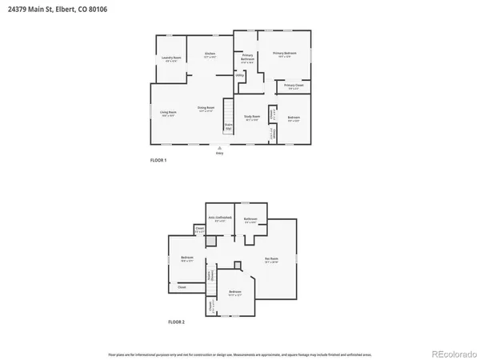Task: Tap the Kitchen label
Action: click(x=210, y=55)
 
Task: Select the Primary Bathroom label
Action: click(x=247, y=60)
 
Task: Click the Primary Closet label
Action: click(x=294, y=86)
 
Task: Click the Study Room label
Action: click(x=252, y=118)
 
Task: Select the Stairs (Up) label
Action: click(x=228, y=126)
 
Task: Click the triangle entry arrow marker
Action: click(x=219, y=148)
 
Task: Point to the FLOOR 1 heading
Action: click(x=158, y=161)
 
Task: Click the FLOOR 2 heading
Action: click(x=176, y=322)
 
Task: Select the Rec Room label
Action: click(x=271, y=260)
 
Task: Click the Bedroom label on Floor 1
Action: click(x=293, y=120)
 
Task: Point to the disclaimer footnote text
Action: click(x=240, y=353)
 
